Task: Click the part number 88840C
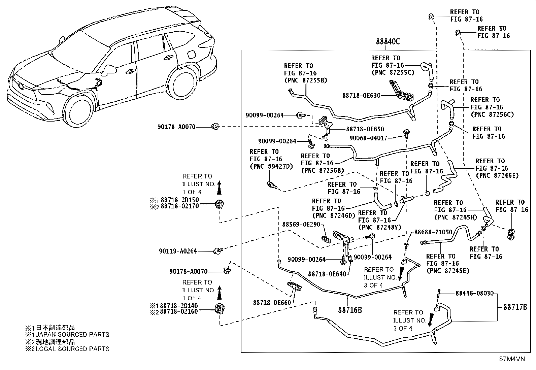coord(388,42)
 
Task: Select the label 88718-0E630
coord(361,96)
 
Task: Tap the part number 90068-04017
coord(368,138)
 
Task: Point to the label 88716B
coord(350,310)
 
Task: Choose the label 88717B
coord(515,307)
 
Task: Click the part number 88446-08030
coord(474,294)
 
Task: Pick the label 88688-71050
coord(433,232)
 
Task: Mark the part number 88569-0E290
coord(301,225)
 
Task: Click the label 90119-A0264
coord(178,251)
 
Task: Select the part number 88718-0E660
coord(272,303)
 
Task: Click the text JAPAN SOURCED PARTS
coord(72,335)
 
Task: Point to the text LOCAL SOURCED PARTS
coord(72,349)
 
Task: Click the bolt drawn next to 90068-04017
coord(406,134)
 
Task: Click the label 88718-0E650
coord(365,129)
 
